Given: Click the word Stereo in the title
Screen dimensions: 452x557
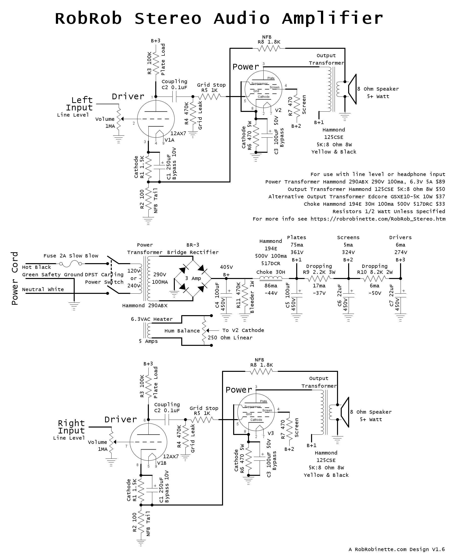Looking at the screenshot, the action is pyautogui.click(x=168, y=19).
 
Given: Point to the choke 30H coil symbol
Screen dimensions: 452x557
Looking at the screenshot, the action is pyautogui.click(x=271, y=278).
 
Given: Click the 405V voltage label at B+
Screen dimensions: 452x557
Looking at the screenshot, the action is pyautogui.click(x=226, y=267).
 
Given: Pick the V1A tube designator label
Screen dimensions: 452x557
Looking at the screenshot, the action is pyautogui.click(x=170, y=140).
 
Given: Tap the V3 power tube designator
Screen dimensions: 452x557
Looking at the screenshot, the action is pyautogui.click(x=271, y=433).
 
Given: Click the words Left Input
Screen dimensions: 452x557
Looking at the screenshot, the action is pyautogui.click(x=79, y=104).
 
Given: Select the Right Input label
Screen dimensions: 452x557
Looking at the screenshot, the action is pyautogui.click(x=71, y=427).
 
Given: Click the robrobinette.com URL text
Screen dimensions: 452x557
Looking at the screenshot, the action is pyautogui.click(x=378, y=219).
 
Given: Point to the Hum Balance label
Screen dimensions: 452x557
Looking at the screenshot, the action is pyautogui.click(x=182, y=331).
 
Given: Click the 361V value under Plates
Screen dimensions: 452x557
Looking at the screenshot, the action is pyautogui.click(x=296, y=252).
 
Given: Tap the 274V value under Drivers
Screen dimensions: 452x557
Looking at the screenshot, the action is pyautogui.click(x=401, y=252).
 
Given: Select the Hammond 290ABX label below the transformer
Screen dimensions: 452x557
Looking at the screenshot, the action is pyautogui.click(x=145, y=305).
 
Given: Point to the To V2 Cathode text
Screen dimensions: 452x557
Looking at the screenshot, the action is pyautogui.click(x=243, y=330).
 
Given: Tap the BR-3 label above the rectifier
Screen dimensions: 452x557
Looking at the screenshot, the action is pyautogui.click(x=193, y=245).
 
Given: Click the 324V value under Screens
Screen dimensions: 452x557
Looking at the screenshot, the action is pyautogui.click(x=348, y=252).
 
